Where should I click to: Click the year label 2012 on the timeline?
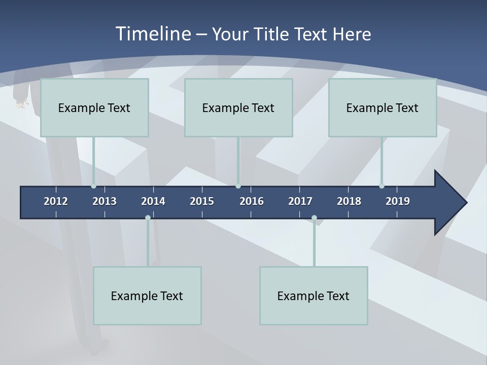56,201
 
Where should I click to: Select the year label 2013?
105,201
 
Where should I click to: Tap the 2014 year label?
153,201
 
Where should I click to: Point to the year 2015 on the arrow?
202,201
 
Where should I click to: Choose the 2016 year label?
252,201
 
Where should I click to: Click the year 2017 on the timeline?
300,201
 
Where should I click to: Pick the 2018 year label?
349,201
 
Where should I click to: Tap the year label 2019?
398,201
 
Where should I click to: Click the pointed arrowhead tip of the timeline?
465,203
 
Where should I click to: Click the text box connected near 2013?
94,107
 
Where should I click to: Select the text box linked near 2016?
238,107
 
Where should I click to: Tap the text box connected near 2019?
382,107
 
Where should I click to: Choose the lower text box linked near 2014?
147,296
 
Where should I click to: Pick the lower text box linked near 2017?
314,296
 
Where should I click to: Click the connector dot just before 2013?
93,186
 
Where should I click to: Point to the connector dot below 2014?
148,218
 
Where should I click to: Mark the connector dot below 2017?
314,218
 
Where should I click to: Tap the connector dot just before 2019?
381,186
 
